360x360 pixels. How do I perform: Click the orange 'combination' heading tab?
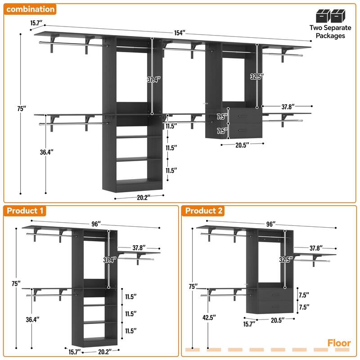pos(31,9)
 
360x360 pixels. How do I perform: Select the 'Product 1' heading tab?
pos(25,211)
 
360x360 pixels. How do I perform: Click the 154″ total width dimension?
pos(180,33)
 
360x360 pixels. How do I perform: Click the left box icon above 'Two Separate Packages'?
pos(323,16)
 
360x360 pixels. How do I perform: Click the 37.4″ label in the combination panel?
pos(153,80)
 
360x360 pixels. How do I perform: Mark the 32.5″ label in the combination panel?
pos(256,76)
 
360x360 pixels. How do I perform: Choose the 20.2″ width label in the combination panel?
pos(139,196)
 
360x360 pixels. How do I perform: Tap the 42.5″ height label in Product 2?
pos(208,317)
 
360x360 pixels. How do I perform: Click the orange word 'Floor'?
pos(339,343)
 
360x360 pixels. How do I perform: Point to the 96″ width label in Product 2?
pos(270,224)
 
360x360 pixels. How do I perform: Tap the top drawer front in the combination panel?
pos(243,116)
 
